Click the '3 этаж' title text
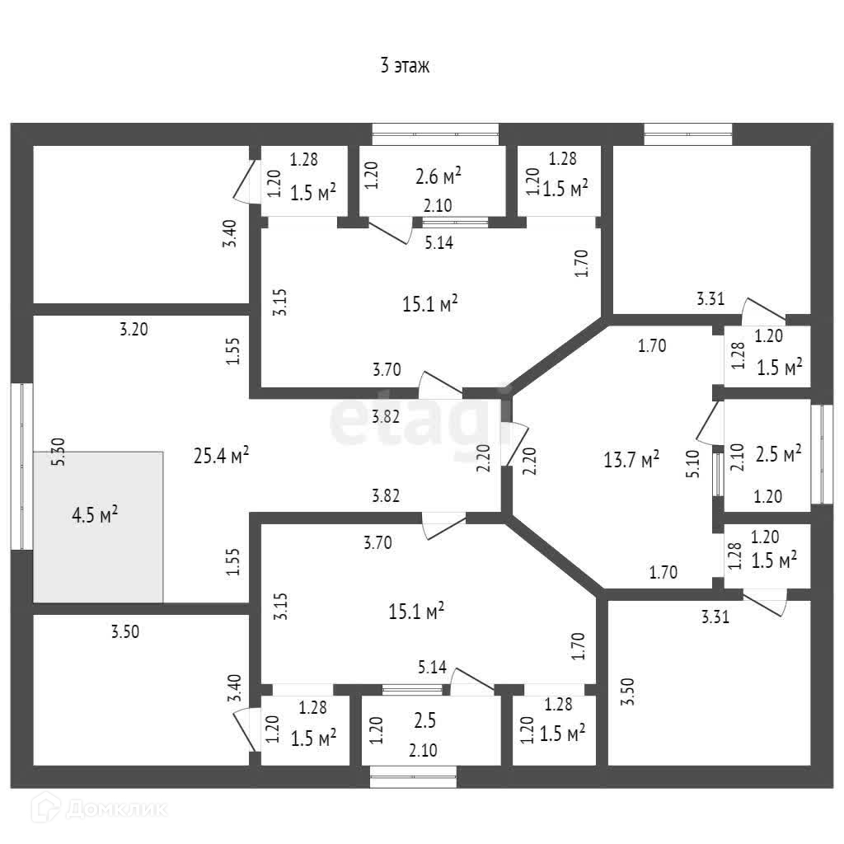pyautogui.click(x=405, y=67)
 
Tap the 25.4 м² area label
pyautogui.click(x=221, y=455)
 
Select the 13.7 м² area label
pyautogui.click(x=631, y=460)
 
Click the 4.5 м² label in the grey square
pyautogui.click(x=95, y=516)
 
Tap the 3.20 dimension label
pyautogui.click(x=134, y=330)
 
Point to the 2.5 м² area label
pyautogui.click(x=780, y=453)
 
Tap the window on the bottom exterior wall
pyautogui.click(x=412, y=772)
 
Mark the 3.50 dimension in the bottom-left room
pyautogui.click(x=126, y=632)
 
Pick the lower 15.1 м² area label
pyautogui.click(x=416, y=612)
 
